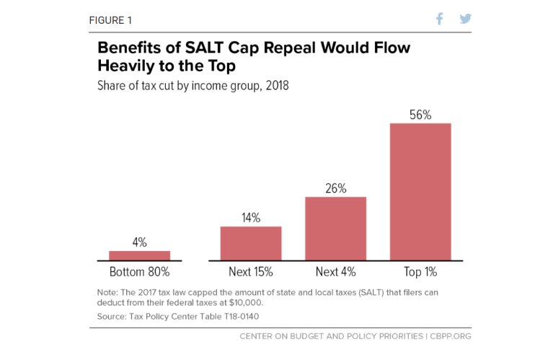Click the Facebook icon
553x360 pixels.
(440, 19)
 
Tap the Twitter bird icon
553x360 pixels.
(465, 19)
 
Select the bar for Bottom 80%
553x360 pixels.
(139, 255)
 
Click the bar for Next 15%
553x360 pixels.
(250, 243)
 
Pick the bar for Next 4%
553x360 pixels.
(335, 228)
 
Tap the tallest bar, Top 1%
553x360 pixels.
(420, 191)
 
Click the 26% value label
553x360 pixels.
(335, 189)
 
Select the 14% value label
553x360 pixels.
(250, 218)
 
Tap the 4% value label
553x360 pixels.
(139, 242)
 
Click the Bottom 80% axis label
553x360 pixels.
(139, 273)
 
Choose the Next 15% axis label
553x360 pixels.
(250, 273)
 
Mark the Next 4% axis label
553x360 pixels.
(335, 273)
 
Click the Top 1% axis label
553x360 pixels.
(420, 273)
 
